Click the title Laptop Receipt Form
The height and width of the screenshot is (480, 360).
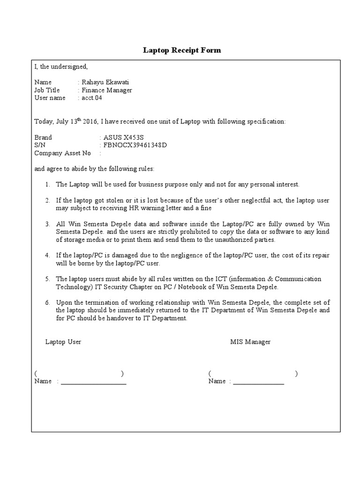coord(182,50)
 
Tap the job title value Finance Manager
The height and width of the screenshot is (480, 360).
coord(107,90)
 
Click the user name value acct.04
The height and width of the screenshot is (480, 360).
coord(92,98)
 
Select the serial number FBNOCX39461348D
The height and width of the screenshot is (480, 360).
coord(135,145)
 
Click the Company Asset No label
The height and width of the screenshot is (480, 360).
coord(63,153)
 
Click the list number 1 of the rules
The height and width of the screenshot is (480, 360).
coord(47,185)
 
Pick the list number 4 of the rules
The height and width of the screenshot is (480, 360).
coord(47,255)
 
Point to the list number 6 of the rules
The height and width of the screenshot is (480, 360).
coord(47,302)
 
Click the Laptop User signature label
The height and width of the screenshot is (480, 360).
coord(63,342)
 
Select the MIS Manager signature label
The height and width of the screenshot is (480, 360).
coord(250,342)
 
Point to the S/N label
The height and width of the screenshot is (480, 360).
coord(40,145)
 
